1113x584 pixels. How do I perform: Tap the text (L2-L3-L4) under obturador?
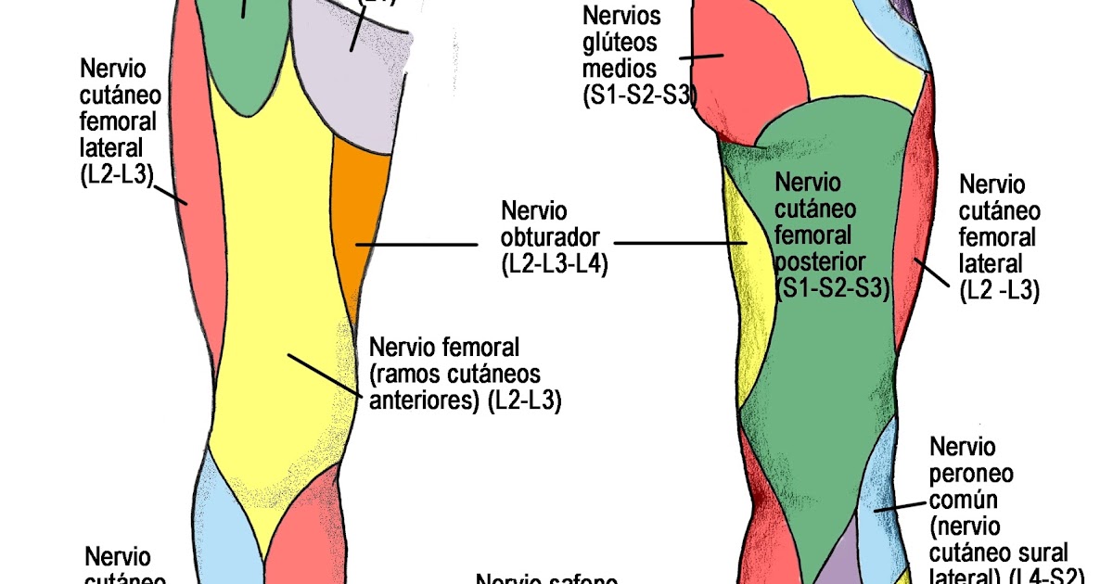coord(554,265)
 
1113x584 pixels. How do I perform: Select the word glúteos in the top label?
coord(620,42)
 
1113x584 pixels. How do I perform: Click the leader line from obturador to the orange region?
coord(417,245)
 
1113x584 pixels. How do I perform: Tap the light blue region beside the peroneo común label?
coord(881,482)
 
